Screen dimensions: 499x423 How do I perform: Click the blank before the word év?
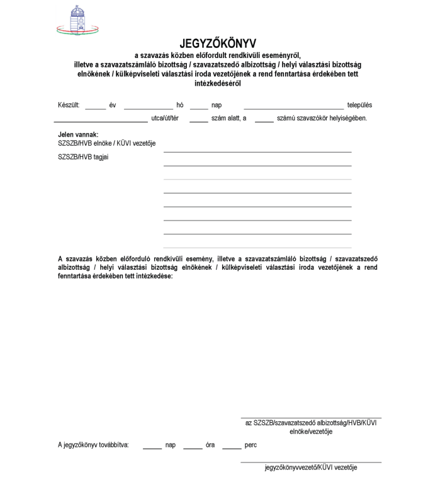(x=95, y=108)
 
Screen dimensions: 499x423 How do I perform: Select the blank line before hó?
(x=149, y=108)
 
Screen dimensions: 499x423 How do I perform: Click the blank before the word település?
(x=293, y=108)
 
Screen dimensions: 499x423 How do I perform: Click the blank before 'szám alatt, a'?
(x=198, y=120)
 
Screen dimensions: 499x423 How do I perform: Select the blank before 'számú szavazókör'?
(x=264, y=120)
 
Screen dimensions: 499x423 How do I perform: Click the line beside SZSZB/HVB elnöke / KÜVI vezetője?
(x=257, y=151)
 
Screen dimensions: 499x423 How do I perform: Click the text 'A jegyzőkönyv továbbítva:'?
(x=93, y=445)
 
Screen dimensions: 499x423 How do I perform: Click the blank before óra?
(x=193, y=447)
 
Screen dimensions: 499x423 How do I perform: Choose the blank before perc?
(x=232, y=447)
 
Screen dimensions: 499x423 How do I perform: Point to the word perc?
(x=251, y=445)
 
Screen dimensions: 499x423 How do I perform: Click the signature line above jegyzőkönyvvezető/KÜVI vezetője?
(x=311, y=462)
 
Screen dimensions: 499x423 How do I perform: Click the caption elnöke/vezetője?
(x=311, y=432)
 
